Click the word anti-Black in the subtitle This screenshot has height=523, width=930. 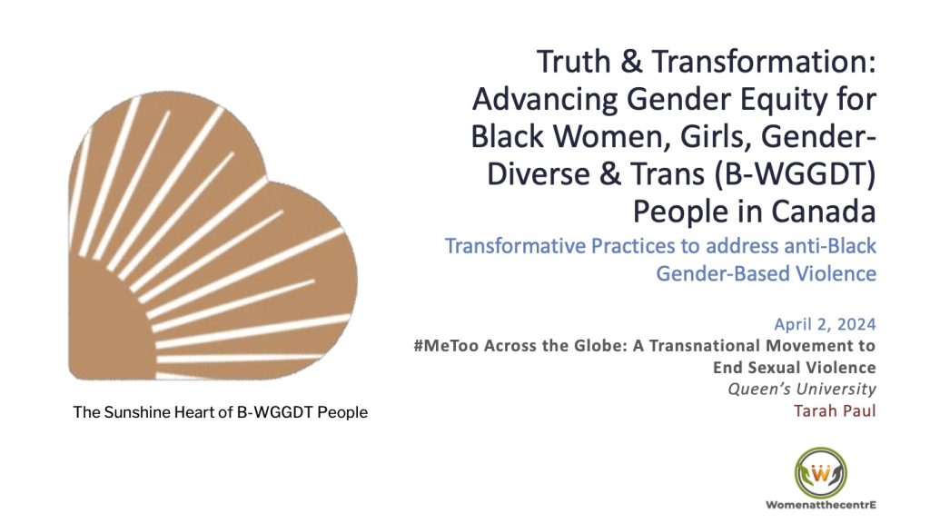coord(823,246)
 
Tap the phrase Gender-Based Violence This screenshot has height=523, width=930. coord(766,272)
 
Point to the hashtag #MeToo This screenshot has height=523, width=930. coord(449,346)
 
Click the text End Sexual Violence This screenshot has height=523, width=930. coord(794,368)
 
